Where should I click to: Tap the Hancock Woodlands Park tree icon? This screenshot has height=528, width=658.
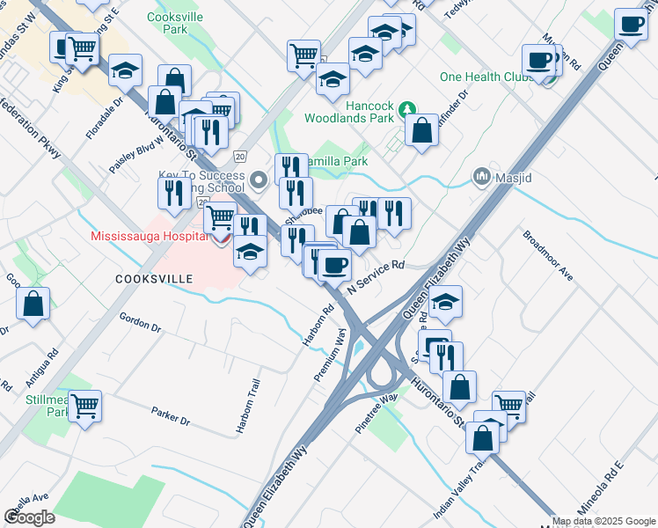point(406,110)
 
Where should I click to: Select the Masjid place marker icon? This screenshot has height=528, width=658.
point(481,177)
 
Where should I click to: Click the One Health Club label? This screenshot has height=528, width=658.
point(483,77)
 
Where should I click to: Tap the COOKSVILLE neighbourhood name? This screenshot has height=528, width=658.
point(154,278)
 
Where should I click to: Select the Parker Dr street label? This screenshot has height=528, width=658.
point(171,415)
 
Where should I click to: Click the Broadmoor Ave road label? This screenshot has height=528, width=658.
point(548,256)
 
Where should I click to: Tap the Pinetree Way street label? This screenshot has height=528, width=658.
point(377,409)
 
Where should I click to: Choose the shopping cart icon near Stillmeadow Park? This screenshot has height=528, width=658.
point(85,406)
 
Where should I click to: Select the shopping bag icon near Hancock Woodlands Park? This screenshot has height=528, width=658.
point(423,130)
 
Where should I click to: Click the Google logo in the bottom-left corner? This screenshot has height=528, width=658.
point(29,517)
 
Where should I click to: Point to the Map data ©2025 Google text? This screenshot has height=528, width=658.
point(604,521)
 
